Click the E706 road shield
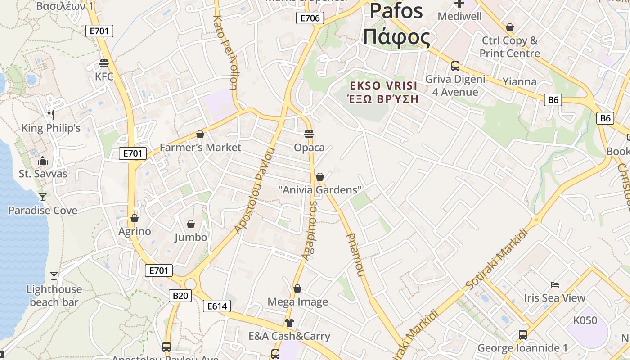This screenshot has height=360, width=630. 310,18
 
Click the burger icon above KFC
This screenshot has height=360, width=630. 104,63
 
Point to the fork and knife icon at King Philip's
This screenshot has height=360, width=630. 51,115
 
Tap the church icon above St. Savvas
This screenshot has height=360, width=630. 43,161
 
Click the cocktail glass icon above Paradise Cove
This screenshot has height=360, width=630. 43,197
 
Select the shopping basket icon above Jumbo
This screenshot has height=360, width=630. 191,224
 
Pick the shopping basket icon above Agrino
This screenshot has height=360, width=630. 135,219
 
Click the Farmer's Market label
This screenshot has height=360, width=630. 200,148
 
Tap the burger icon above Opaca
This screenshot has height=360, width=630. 309,134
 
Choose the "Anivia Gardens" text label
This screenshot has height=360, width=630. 320,190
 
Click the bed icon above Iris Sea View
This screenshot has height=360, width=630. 555,285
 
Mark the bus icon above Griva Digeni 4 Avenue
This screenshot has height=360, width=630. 455,66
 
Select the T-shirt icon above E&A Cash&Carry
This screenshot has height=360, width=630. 289,322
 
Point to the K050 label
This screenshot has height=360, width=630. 585,320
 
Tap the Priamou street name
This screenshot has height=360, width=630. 355,255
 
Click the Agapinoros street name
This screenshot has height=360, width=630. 310,231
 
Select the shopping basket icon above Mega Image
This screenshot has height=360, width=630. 297,288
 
